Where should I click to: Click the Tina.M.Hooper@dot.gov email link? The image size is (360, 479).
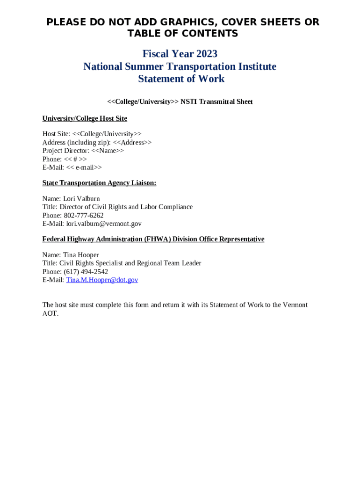click(x=102, y=280)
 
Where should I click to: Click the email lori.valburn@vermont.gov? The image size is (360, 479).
click(x=104, y=224)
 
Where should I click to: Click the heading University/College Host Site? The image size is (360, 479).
click(x=85, y=118)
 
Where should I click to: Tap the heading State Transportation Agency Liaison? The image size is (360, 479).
click(x=99, y=183)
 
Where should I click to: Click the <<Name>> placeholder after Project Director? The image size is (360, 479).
click(x=108, y=151)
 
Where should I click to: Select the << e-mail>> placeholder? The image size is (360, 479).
click(x=84, y=167)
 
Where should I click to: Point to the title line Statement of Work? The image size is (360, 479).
click(x=181, y=79)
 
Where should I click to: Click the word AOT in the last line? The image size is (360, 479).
click(x=50, y=313)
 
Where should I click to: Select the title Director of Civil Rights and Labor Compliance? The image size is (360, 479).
click(x=126, y=207)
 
